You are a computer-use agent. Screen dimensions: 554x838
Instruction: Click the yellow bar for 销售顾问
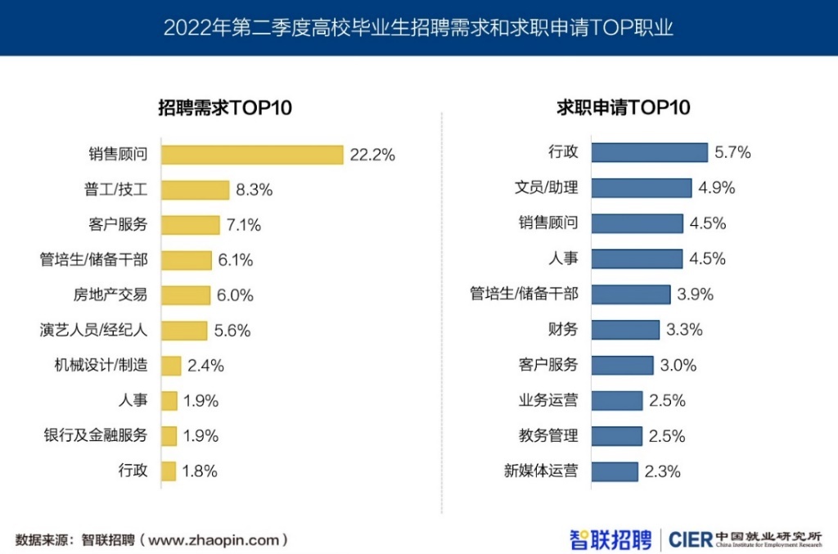coord(252,155)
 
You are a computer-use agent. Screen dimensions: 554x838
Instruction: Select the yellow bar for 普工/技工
coord(195,190)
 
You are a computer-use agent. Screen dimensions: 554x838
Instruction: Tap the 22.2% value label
coord(372,155)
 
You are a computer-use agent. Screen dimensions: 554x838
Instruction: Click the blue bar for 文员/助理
coord(641,188)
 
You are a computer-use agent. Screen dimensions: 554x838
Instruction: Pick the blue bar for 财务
coord(624,330)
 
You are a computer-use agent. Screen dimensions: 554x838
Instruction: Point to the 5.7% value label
coord(732,153)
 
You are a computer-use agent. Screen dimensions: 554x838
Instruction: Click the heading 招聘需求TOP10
coord(225,108)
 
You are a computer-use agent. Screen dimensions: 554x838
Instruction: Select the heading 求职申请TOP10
coord(624,108)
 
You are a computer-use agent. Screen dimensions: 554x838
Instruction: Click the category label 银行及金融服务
coord(96,435)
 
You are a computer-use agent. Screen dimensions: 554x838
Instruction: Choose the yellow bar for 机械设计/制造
coord(171,366)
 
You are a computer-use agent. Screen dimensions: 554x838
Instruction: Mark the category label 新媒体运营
coord(540,471)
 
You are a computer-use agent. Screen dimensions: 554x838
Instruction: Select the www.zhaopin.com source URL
coord(217,540)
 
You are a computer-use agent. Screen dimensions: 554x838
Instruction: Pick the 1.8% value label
coord(200,471)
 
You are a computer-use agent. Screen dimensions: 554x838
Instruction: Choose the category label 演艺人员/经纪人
coord(93,331)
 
